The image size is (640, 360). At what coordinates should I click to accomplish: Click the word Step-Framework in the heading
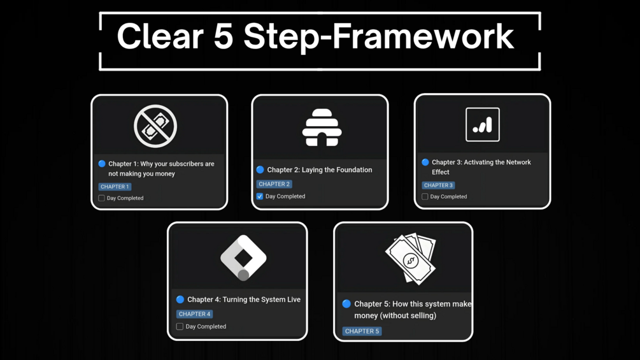click(378, 37)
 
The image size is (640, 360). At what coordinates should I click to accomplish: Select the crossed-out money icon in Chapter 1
click(155, 126)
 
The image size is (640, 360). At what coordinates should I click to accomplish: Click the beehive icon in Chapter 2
click(322, 127)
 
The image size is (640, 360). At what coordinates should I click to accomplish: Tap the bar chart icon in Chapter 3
click(482, 124)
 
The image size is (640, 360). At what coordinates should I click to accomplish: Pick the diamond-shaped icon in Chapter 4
click(243, 257)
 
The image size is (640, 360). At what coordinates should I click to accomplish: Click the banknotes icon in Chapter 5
click(411, 258)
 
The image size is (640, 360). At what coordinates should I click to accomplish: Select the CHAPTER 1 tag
click(115, 187)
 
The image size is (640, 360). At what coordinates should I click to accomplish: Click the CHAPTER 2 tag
click(274, 184)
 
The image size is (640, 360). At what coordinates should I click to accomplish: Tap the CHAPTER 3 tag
click(438, 185)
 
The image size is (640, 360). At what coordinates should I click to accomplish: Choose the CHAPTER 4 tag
click(194, 314)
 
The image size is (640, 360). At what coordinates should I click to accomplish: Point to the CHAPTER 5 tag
click(362, 331)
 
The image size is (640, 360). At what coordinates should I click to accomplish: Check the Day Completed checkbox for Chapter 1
click(101, 198)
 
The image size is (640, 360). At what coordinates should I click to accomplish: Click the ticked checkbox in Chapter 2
click(260, 196)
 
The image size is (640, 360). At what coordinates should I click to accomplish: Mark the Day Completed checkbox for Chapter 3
click(425, 197)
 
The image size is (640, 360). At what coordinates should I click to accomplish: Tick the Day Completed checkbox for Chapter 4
click(180, 327)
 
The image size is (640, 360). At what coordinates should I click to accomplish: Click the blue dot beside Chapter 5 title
click(346, 304)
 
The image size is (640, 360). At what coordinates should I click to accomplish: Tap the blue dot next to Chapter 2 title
click(260, 170)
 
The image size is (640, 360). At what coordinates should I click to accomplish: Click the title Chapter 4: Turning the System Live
click(244, 299)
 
